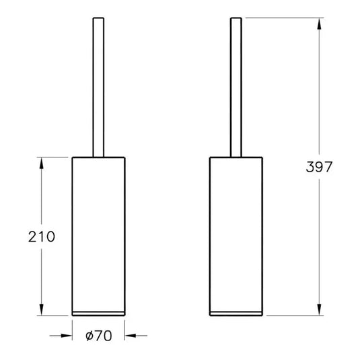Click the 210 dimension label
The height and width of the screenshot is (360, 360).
(x=41, y=237)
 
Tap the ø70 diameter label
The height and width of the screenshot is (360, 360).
(x=99, y=334)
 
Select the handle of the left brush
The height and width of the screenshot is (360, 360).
(x=97, y=87)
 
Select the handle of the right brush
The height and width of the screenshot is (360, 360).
(x=236, y=87)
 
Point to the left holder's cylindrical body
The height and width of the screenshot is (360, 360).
(x=98, y=232)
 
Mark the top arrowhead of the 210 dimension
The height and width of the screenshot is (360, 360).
(x=42, y=161)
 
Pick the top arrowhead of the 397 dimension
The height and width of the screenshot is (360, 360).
(x=318, y=22)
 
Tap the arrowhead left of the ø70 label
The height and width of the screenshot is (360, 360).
(x=67, y=334)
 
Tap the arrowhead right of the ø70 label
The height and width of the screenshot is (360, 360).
(x=130, y=334)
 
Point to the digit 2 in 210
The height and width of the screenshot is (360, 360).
(x=32, y=237)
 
